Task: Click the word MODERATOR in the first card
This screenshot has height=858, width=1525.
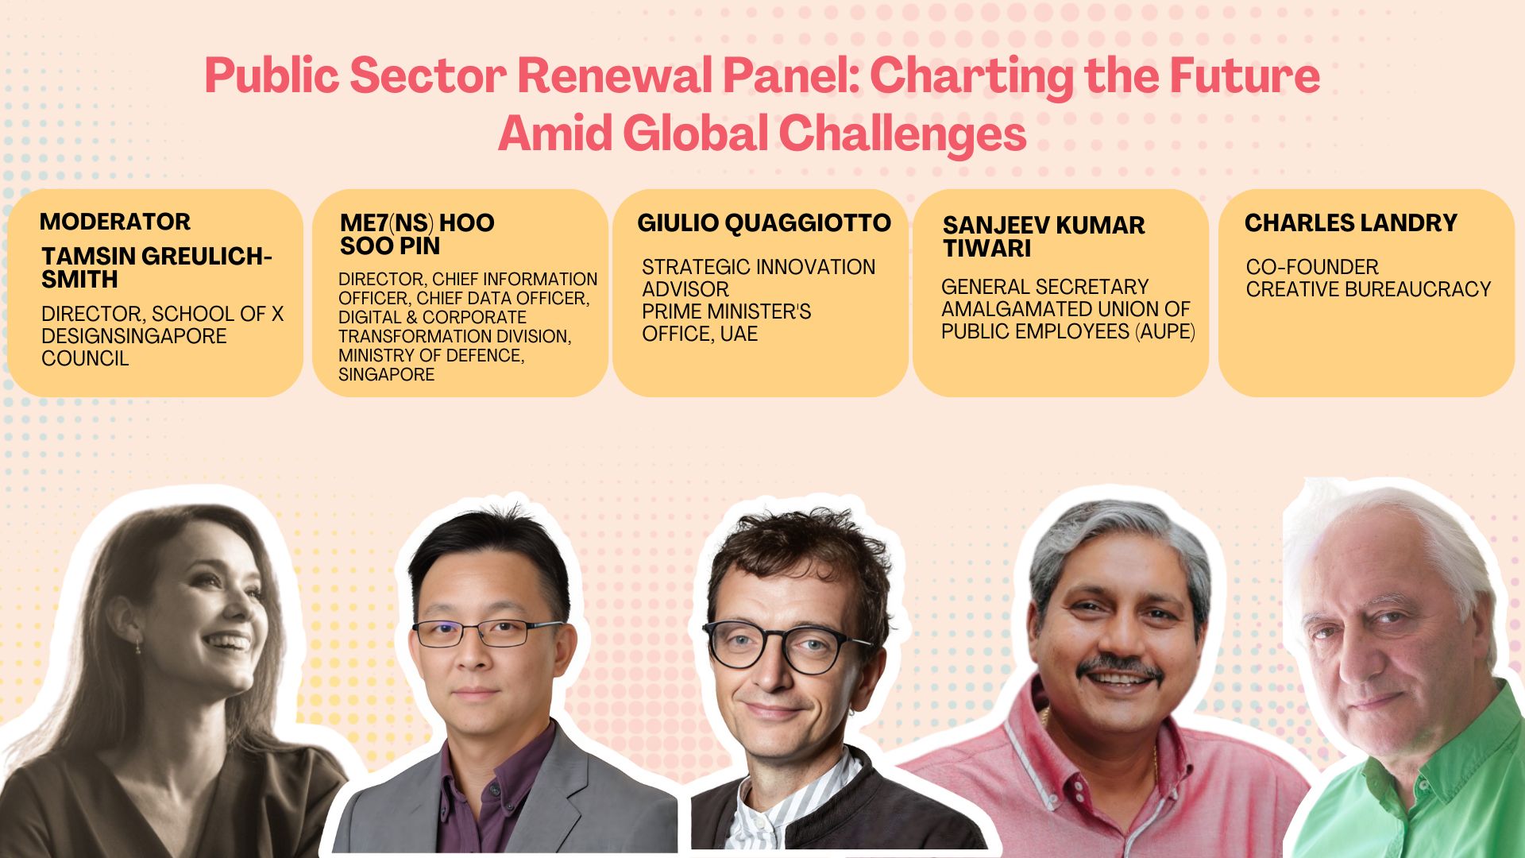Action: tap(115, 222)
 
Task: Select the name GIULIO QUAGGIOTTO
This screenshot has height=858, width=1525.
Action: tap(763, 223)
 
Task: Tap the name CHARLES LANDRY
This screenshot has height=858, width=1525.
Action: tap(1350, 223)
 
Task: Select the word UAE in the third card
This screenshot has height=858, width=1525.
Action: tap(739, 334)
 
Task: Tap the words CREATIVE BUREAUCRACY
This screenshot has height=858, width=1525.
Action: tap(1368, 289)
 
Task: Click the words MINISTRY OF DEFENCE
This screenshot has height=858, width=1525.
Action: tap(431, 355)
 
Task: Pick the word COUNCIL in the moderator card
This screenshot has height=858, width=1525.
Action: tap(85, 358)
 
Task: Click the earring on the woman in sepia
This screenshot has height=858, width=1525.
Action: tap(138, 644)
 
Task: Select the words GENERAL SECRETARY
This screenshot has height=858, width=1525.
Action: tap(1044, 287)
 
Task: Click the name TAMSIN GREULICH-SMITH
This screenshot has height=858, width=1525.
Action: tap(156, 268)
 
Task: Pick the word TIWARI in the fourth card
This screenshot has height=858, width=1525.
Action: tap(986, 249)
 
